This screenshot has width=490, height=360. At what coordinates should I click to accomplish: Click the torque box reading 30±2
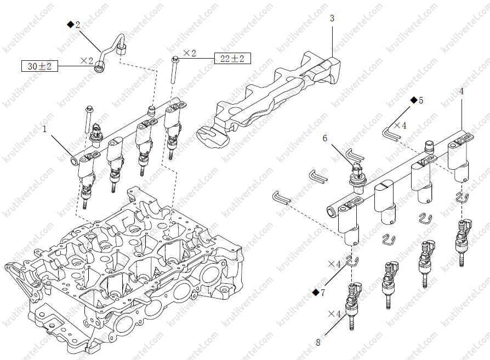[x=39, y=66]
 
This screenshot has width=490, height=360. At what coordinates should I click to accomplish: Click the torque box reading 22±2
[x=232, y=59]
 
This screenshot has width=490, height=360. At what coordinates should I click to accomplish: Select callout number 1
[x=44, y=129]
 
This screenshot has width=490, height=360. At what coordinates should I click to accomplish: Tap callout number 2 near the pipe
[x=77, y=25]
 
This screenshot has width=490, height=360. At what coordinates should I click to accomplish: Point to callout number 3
[x=332, y=19]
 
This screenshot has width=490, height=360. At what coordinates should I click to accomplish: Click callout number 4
[x=461, y=92]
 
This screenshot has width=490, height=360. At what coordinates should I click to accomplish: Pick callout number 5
[x=421, y=100]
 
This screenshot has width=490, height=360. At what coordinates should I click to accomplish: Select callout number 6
[x=325, y=138]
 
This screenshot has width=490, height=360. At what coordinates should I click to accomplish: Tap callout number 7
[x=322, y=293]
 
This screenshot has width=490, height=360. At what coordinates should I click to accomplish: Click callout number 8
[x=318, y=342]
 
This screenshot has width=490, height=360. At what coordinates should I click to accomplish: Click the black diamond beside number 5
[x=414, y=100]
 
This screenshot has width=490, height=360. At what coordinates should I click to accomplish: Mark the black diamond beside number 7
[x=315, y=293]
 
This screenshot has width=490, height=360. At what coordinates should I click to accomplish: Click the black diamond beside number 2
[x=70, y=24]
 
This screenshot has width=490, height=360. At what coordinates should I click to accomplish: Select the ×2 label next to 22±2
[x=190, y=54]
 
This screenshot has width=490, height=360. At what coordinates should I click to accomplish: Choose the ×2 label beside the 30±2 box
[x=87, y=61]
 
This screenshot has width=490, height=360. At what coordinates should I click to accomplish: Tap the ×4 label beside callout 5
[x=400, y=125]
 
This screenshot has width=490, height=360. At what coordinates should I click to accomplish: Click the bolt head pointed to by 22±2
[x=175, y=59]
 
